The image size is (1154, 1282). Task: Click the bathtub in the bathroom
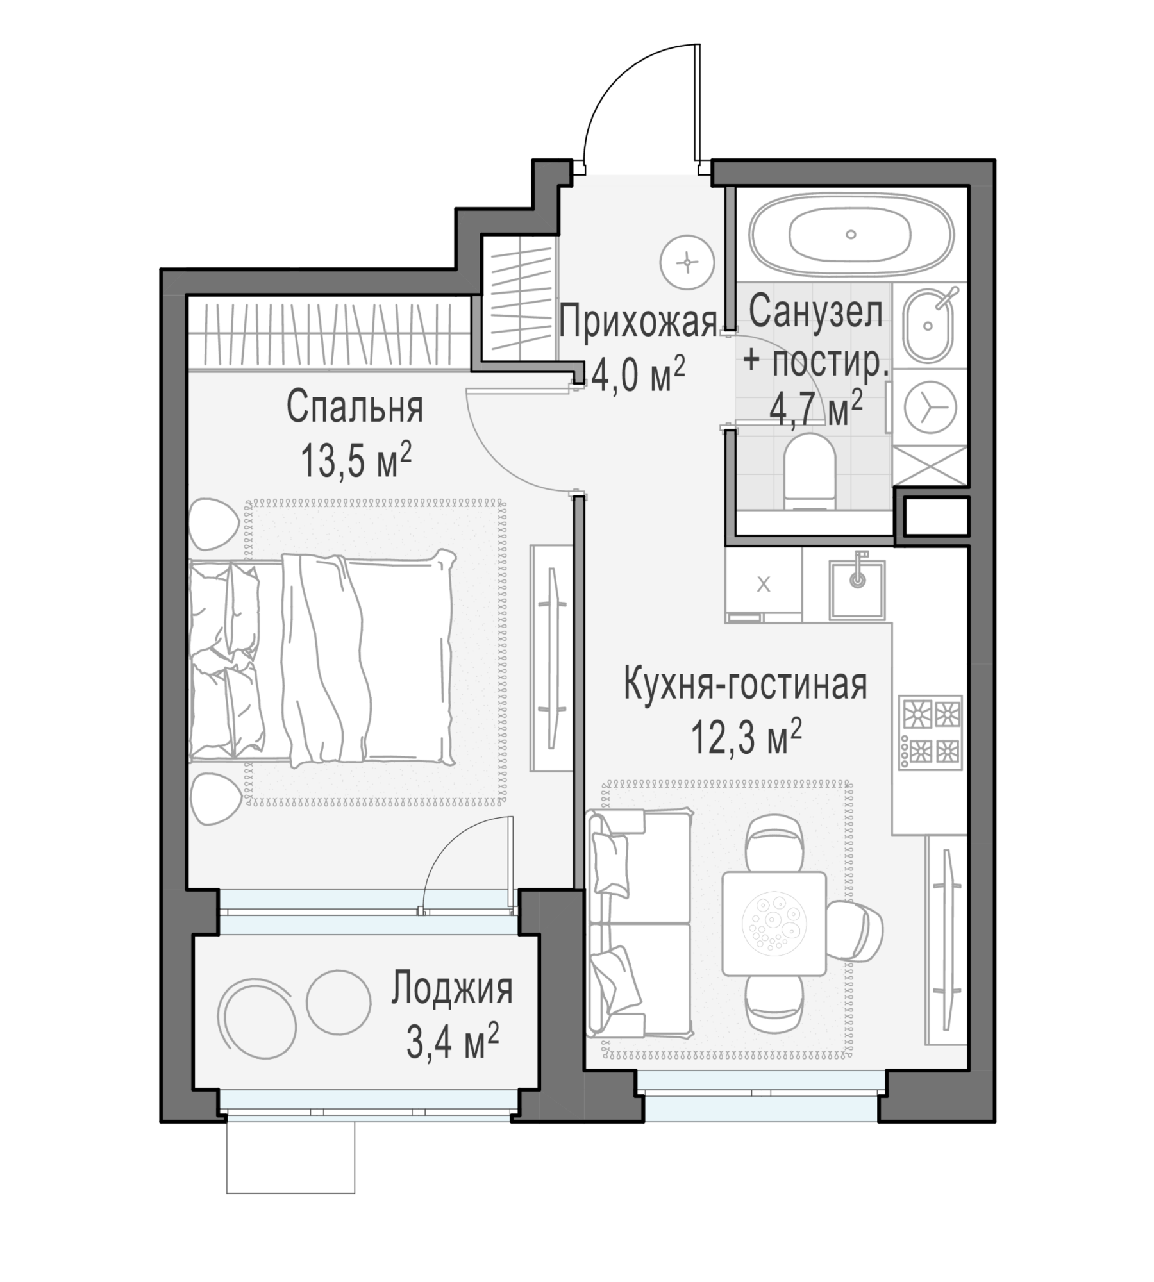tap(851, 234)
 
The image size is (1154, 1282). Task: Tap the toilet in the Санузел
tap(810, 472)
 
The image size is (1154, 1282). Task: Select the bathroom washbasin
tap(928, 324)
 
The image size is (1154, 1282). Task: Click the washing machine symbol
tap(930, 406)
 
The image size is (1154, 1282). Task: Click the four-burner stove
tap(930, 732)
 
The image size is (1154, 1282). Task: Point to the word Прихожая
tap(638, 322)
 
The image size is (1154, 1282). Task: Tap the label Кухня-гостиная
tap(746, 685)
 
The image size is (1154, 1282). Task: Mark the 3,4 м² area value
tap(453, 1042)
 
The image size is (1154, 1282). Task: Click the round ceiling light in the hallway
tap(687, 262)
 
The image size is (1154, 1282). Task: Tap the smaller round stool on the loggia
tap(339, 1003)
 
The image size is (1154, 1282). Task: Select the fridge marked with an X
tap(764, 585)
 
